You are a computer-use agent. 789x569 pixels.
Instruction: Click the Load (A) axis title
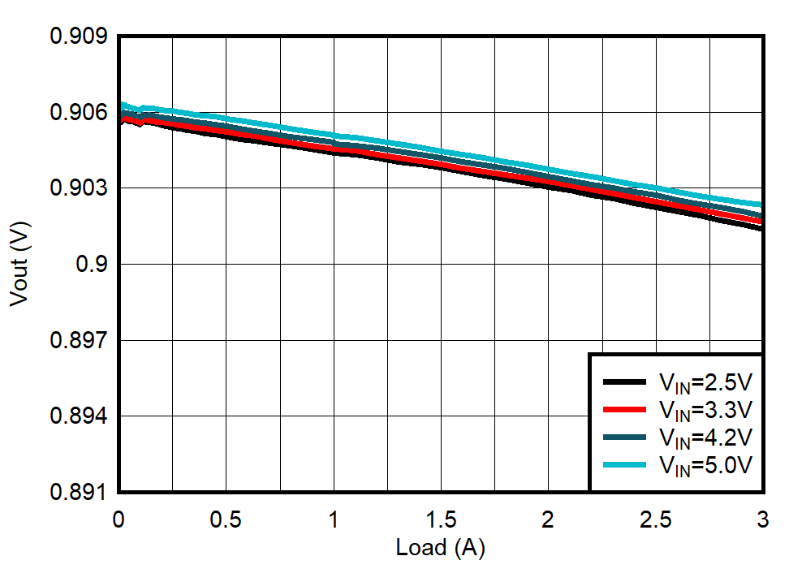pos(440,549)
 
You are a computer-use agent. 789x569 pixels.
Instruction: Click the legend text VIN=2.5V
pos(705,382)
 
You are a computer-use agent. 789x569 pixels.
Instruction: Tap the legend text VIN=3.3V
pos(705,409)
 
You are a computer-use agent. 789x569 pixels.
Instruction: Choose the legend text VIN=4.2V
pos(705,438)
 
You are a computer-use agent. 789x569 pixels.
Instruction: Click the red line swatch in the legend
pos(624,408)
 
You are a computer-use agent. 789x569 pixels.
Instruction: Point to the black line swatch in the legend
pos(624,381)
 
